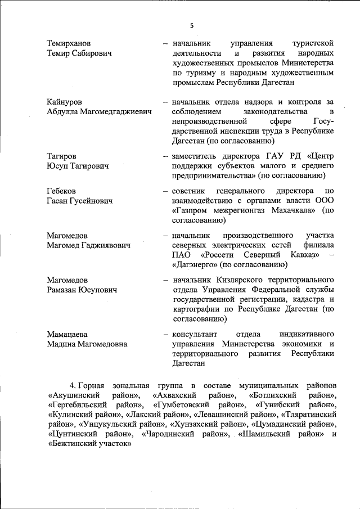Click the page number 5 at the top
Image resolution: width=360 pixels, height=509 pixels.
click(x=191, y=25)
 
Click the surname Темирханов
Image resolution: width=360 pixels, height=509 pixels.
click(x=71, y=43)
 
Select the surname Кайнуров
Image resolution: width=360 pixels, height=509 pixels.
click(x=65, y=102)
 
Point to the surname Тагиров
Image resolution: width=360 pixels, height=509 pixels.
click(x=62, y=156)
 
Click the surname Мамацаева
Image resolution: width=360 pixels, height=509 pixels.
click(x=67, y=334)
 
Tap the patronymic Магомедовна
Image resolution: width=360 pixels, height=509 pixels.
click(x=103, y=344)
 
